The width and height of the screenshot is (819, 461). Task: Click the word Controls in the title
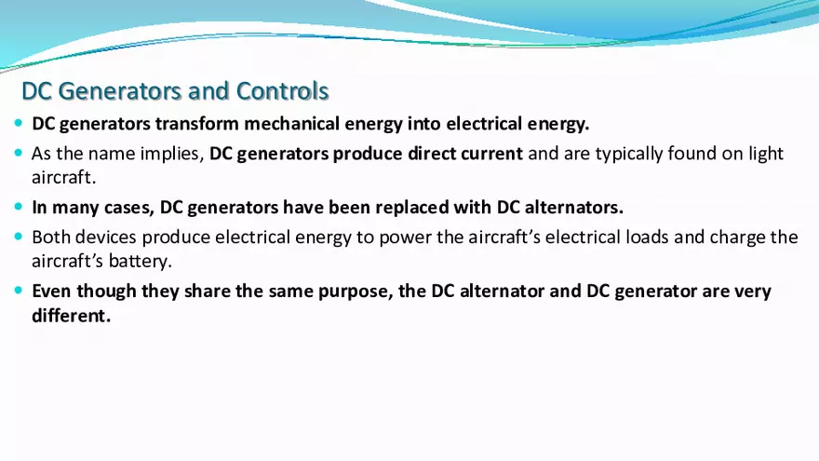click(x=282, y=91)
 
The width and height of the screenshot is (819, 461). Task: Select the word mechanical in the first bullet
click(x=288, y=124)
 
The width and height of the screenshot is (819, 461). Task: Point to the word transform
click(x=198, y=124)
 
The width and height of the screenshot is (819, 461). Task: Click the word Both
click(x=51, y=237)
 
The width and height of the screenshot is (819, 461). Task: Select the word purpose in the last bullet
click(x=344, y=292)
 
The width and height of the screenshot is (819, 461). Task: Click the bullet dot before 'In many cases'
click(x=20, y=207)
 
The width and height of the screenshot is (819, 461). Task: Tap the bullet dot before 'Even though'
click(x=20, y=291)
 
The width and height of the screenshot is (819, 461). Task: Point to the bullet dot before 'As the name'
click(x=20, y=153)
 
